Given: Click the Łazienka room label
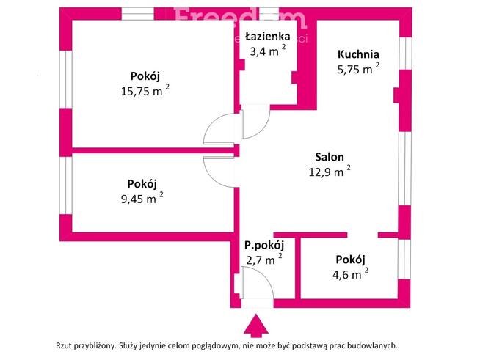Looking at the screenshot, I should pos(267,36).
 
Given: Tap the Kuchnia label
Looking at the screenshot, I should pos(358,54).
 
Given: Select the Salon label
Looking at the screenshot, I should pos(330,156).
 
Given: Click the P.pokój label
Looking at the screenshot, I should pos(263,246).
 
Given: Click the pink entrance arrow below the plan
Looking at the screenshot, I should pos(255,325).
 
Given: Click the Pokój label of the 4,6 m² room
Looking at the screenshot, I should pos(350,260).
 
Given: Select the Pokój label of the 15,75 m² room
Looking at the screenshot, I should pos(145,76).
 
